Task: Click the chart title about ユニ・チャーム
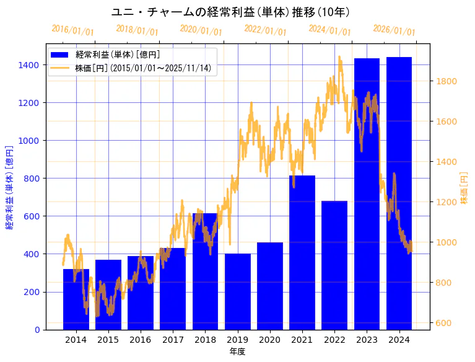tap(230, 12)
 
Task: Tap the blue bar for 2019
tap(238, 291)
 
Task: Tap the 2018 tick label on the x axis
tap(205, 340)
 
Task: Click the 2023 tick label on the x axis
tap(367, 340)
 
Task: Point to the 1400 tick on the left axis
tap(29, 65)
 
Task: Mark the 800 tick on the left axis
tap(32, 179)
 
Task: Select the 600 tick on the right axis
tap(443, 323)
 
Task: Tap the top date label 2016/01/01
tap(73, 30)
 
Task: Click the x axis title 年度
tap(237, 351)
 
